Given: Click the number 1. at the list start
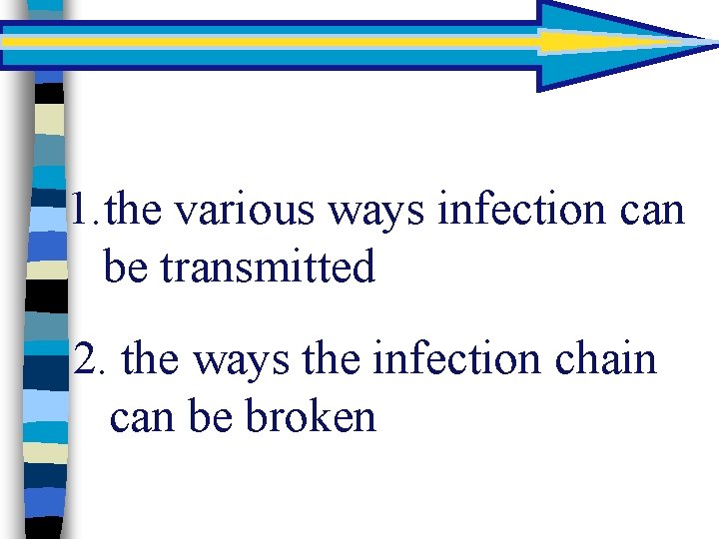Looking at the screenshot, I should [83, 211].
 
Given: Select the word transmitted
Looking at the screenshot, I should [268, 267].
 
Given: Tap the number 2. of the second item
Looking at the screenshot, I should [90, 359].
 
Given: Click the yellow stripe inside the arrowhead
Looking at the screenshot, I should [589, 42].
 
